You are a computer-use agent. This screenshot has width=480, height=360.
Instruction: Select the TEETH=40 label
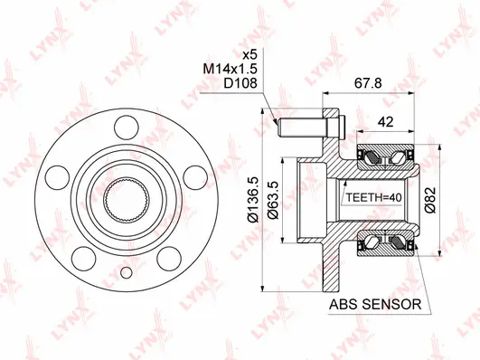click(x=373, y=196)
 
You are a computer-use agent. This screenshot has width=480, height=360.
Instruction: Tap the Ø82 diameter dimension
click(x=431, y=196)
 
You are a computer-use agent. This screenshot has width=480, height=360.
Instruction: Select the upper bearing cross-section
click(x=386, y=159)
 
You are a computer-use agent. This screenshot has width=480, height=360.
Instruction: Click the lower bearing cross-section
click(x=386, y=243)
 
